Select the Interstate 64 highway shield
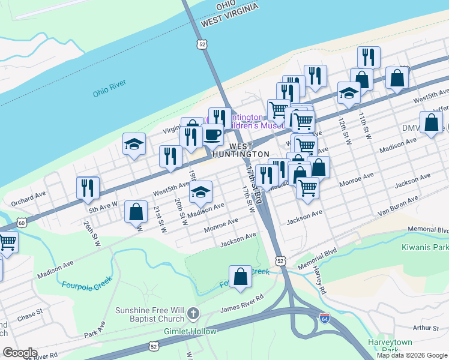pos(324,319)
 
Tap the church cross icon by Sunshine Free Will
pos(193,313)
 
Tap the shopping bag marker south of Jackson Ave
pos(240,277)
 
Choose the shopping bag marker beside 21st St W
pos(136,211)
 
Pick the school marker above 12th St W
pos(349,92)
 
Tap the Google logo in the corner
pos(20,353)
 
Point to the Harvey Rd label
pos(319,281)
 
